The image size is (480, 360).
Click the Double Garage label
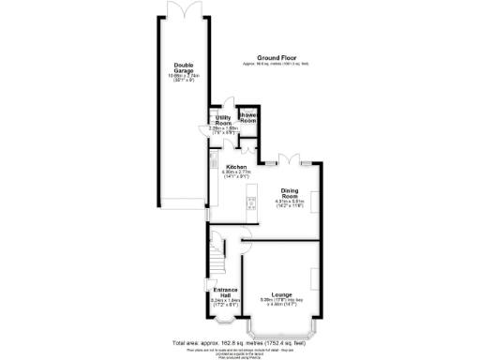click(x=184, y=67)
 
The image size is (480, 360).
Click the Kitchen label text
click(x=234, y=167)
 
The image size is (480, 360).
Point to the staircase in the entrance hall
click(x=217, y=251)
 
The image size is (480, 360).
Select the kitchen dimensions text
click(x=234, y=175)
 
